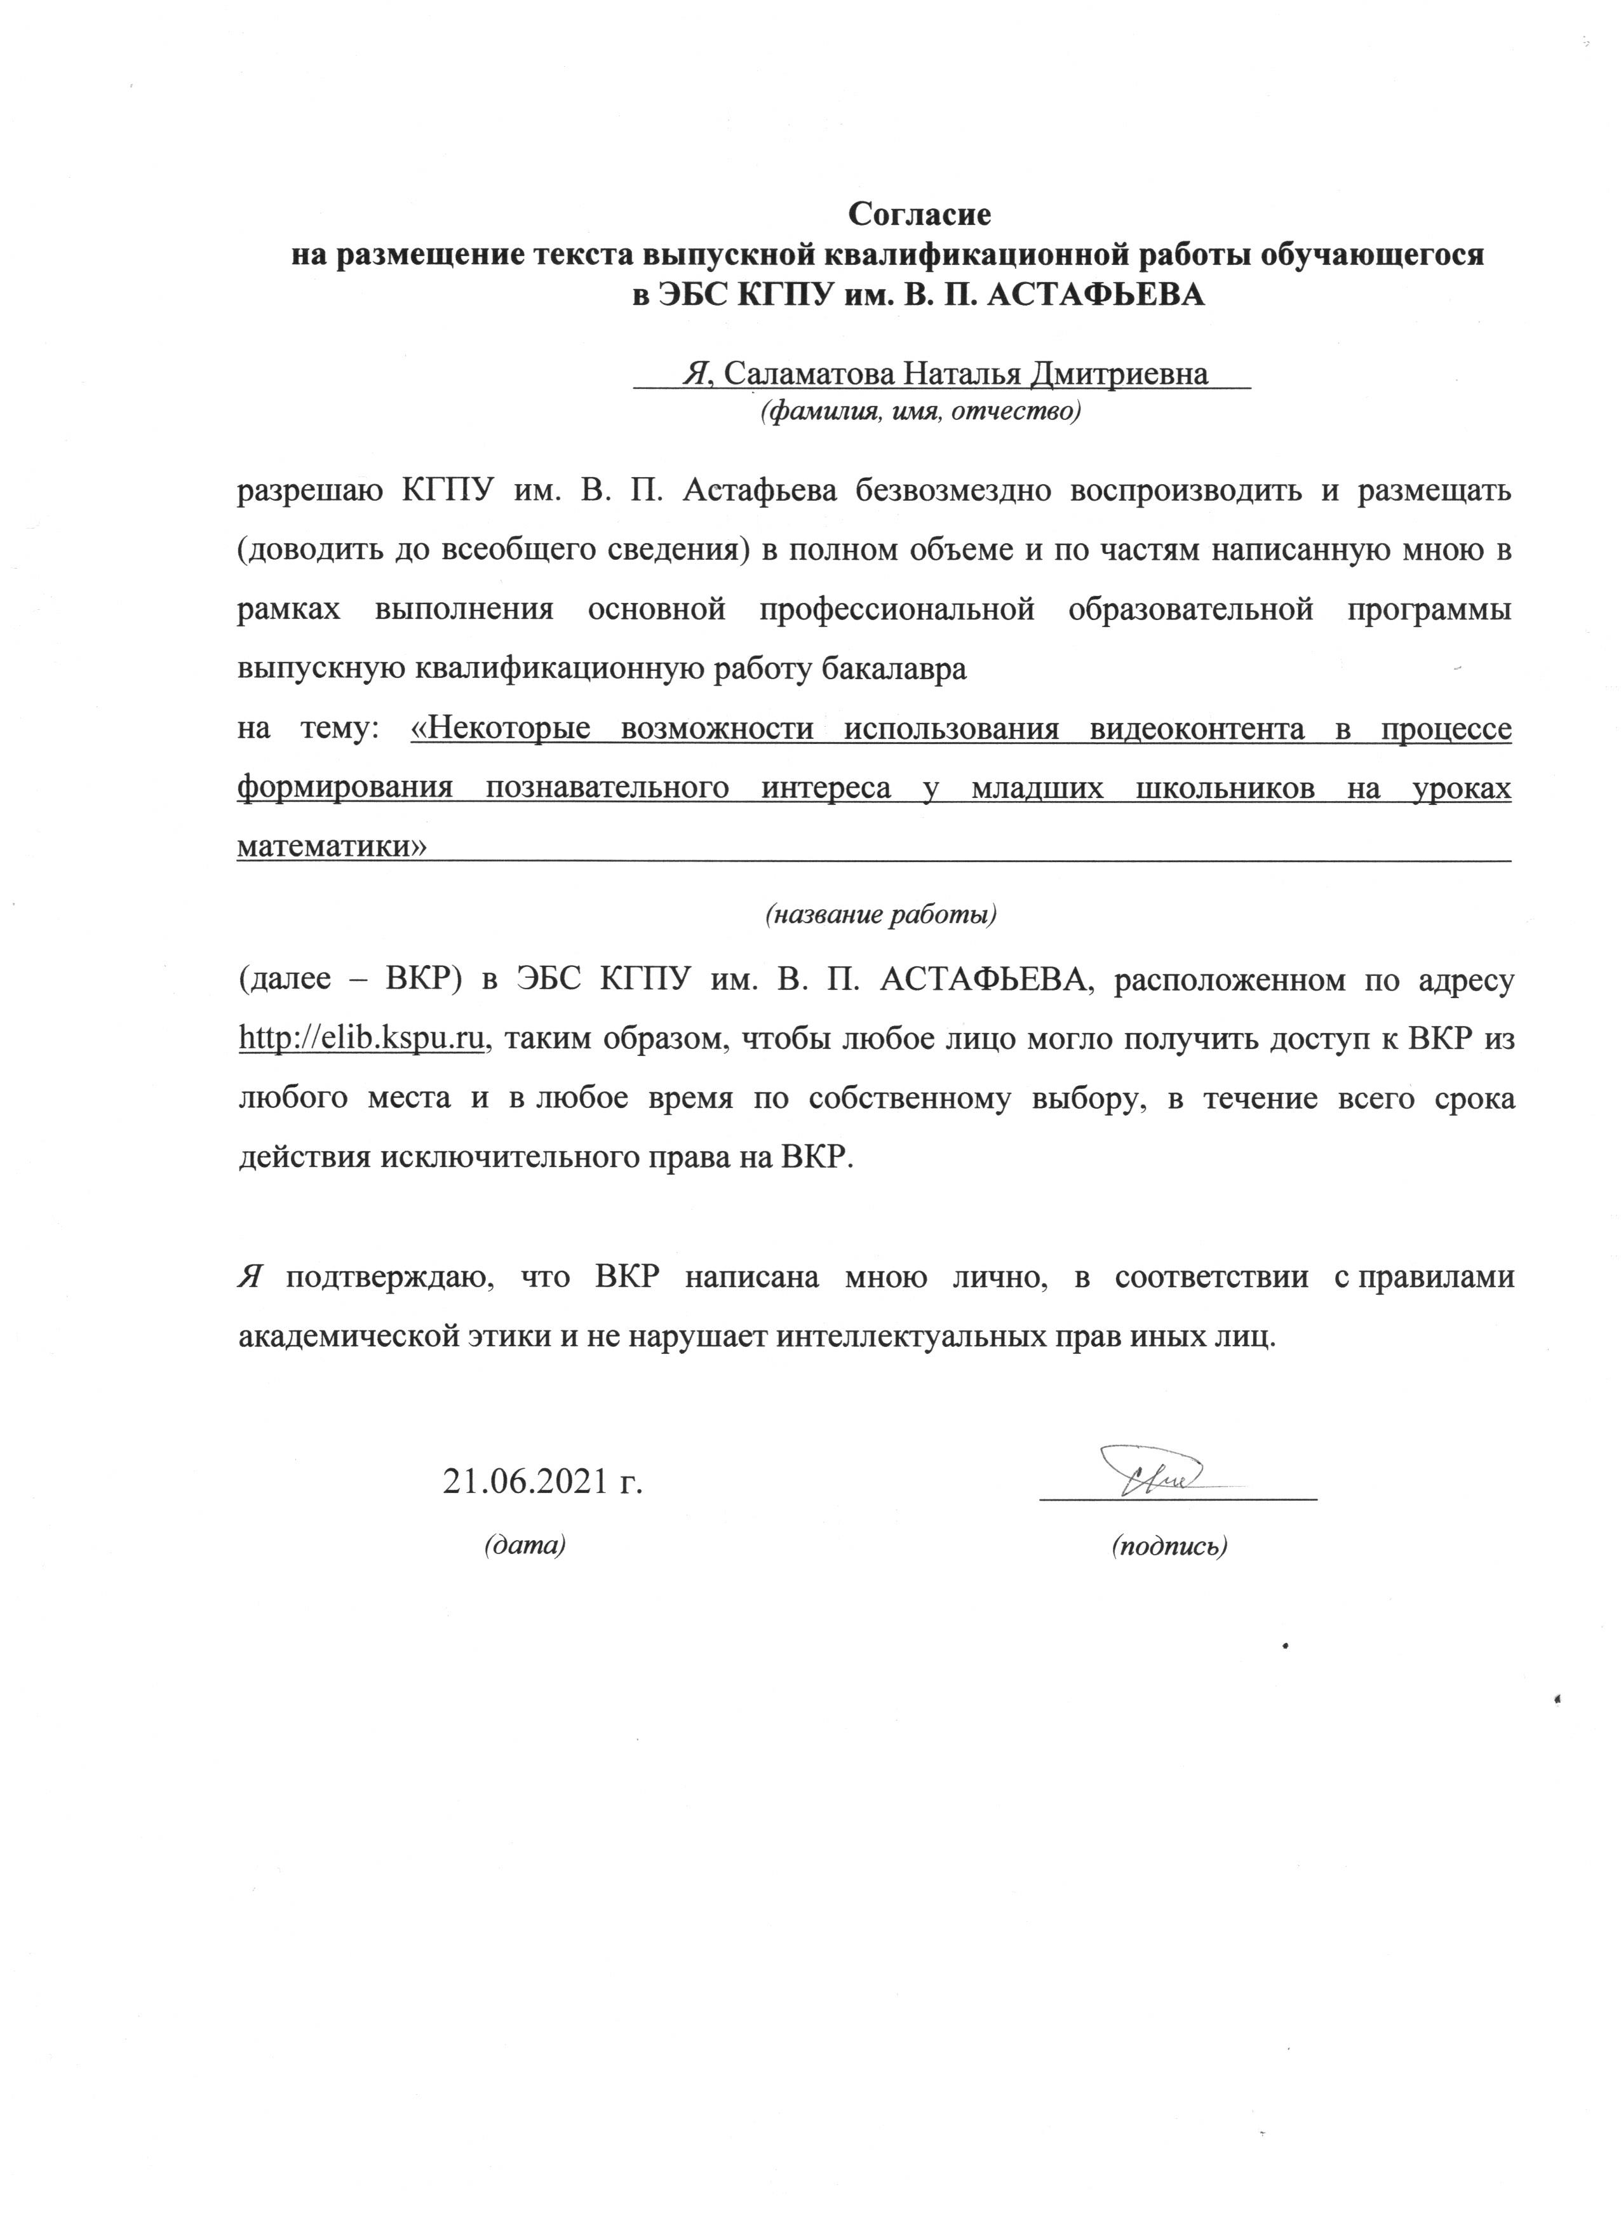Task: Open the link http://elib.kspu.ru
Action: tap(365, 1038)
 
